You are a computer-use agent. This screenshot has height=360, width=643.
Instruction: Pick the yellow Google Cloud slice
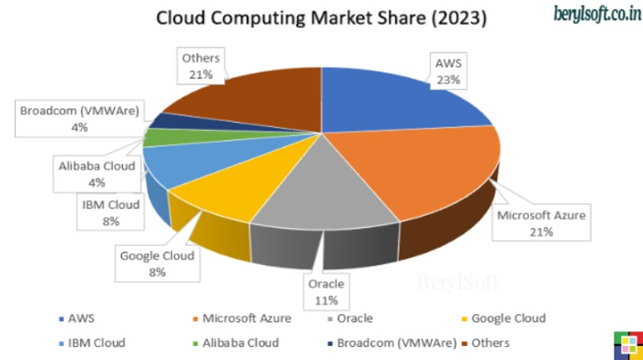point(218,189)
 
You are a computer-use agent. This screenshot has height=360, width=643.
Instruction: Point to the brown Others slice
point(256,99)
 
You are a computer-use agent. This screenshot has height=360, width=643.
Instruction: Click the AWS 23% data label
point(449,71)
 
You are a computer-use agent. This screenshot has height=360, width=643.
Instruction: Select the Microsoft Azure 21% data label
point(542,223)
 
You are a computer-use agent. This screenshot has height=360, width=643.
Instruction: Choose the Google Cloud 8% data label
point(157,264)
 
